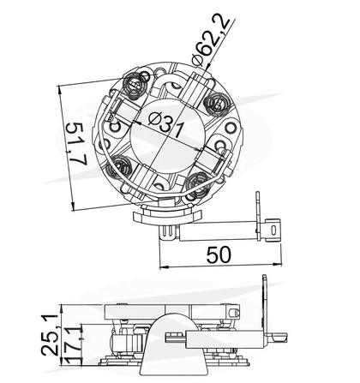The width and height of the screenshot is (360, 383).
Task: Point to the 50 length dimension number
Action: (x=220, y=254)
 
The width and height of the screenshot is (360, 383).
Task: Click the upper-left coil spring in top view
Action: (x=135, y=86)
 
